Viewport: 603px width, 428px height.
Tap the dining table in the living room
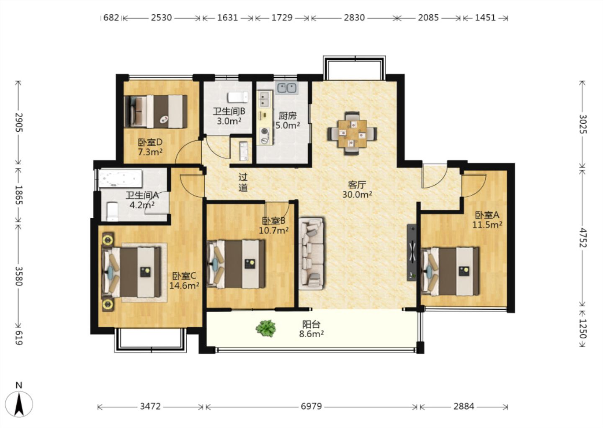pos(353,133)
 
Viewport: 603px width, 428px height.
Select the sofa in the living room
pos(311,254)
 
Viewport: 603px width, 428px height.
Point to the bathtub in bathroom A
pos(120,178)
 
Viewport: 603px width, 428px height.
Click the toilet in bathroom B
pos(238,97)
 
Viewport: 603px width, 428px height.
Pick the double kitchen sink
pos(287,88)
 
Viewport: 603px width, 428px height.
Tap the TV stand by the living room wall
pos(411,252)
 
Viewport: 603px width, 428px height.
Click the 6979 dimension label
pos(311,406)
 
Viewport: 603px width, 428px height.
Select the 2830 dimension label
pos(354,18)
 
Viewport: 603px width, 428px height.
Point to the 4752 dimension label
pos(582,238)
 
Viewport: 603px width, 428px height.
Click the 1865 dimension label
pos(19,195)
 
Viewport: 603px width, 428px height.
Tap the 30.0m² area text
pos(357,194)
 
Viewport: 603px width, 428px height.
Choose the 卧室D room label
pos(150,142)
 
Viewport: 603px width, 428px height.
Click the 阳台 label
pos(311,324)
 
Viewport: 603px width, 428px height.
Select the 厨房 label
pos(288,116)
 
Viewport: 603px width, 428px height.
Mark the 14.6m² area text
pos(184,285)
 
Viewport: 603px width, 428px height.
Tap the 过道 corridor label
pos(243,182)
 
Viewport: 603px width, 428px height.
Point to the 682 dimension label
pos(111,18)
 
